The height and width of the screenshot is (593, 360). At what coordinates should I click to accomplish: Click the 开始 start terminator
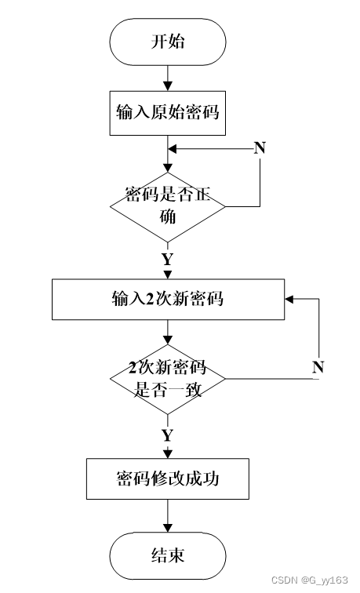click(x=168, y=42)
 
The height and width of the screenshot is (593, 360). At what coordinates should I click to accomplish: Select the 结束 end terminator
click(x=168, y=555)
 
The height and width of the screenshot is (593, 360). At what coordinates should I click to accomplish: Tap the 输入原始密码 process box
click(x=168, y=111)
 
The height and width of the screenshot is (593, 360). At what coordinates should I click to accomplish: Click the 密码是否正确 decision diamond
click(x=168, y=206)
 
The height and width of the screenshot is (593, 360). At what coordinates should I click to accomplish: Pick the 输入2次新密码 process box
click(x=168, y=299)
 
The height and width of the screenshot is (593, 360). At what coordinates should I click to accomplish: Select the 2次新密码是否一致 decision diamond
click(x=168, y=380)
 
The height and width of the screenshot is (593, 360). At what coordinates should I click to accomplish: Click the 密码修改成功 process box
click(x=168, y=478)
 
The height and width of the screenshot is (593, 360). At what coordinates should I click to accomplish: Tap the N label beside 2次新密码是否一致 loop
click(x=318, y=366)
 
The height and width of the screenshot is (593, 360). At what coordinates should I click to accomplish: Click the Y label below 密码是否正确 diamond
click(x=167, y=259)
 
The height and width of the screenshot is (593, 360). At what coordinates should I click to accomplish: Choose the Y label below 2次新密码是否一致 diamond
click(x=167, y=434)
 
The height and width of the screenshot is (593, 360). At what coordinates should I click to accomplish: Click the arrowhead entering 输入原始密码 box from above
click(x=168, y=86)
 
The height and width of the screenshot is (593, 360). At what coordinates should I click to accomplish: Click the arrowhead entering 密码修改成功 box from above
click(x=168, y=453)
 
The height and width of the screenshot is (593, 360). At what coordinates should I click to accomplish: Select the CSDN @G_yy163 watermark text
click(x=309, y=580)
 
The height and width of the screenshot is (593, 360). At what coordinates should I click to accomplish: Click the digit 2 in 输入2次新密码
click(x=147, y=299)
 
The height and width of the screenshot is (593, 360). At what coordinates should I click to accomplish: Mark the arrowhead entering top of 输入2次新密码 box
click(x=168, y=275)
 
